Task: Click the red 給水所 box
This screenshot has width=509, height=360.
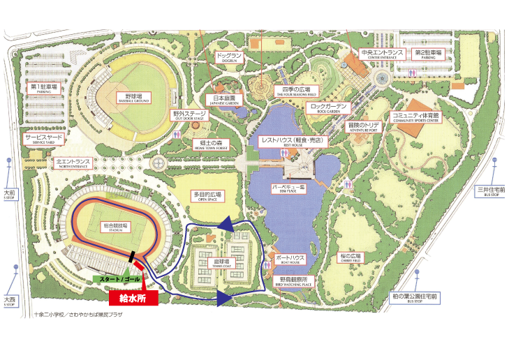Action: coord(133,298)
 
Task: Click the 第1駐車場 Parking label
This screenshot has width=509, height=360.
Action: coord(43,89)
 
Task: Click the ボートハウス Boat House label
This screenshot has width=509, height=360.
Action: coord(290,260)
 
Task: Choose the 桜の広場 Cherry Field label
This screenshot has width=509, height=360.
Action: coord(350,257)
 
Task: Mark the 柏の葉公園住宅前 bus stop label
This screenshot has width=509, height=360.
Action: coord(414,299)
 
